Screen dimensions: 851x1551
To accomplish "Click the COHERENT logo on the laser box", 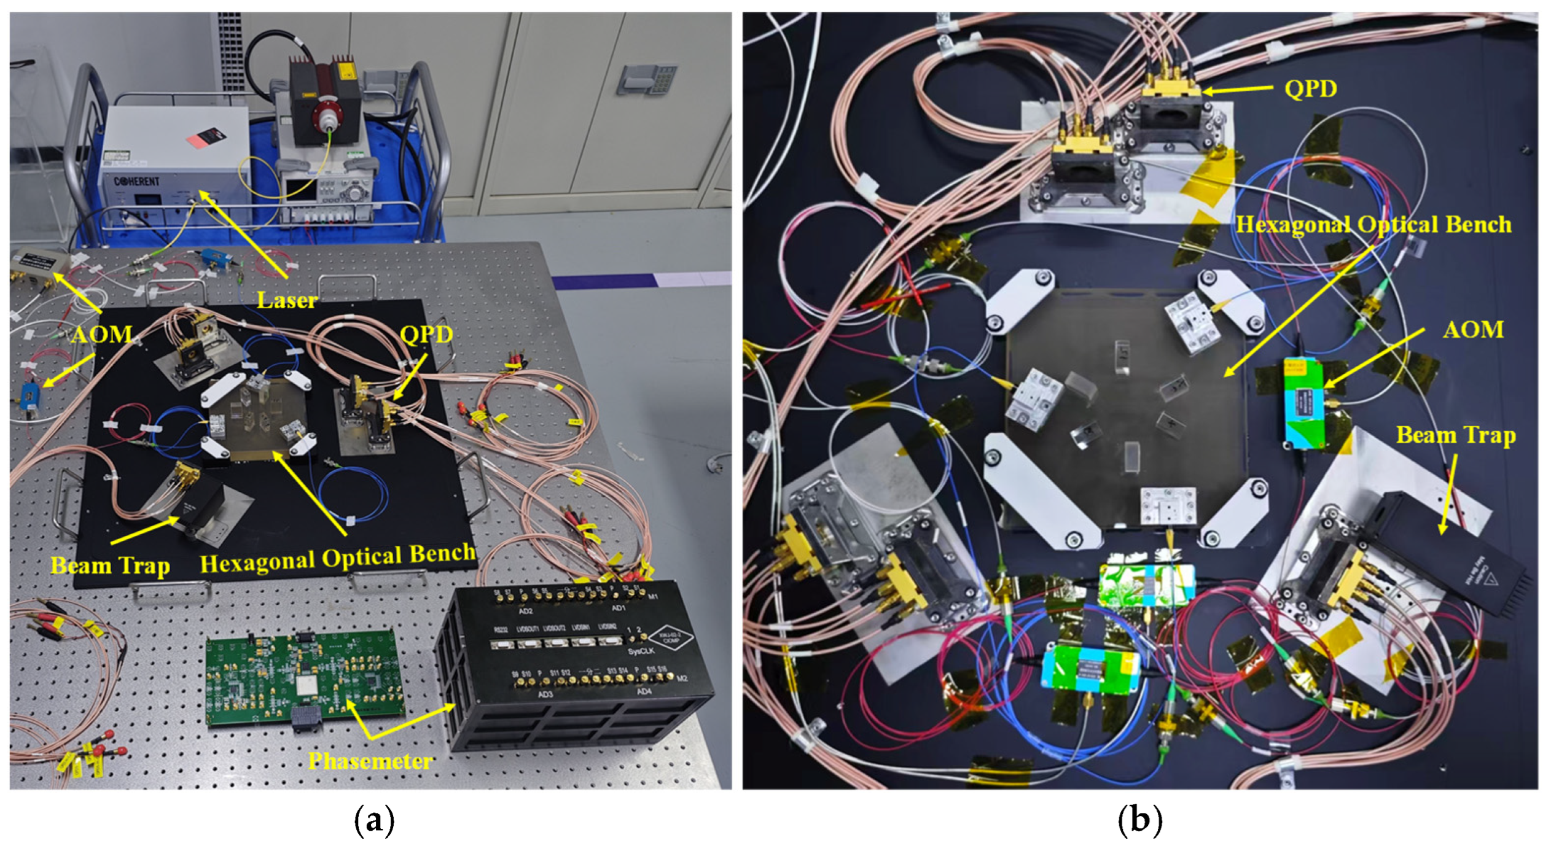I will click(x=136, y=182).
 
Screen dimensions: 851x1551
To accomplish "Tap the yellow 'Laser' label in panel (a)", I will click(x=287, y=300).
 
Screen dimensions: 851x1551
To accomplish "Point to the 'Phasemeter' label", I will click(x=370, y=761).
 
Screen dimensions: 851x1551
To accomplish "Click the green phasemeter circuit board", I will click(x=305, y=680).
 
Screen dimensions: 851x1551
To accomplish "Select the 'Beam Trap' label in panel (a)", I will click(x=110, y=565).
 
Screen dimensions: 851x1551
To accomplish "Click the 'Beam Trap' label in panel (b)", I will click(x=1456, y=435).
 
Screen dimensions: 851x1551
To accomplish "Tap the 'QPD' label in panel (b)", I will click(x=1310, y=89).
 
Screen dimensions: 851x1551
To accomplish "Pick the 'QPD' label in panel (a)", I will click(x=426, y=335).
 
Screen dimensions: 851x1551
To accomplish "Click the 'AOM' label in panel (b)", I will click(x=1473, y=330).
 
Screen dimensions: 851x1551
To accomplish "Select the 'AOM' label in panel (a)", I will click(x=101, y=335).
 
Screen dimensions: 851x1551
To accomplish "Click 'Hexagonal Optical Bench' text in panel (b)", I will click(x=1373, y=225).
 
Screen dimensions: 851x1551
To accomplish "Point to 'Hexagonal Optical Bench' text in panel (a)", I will click(x=338, y=558).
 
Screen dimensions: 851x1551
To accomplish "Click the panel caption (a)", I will click(x=374, y=820).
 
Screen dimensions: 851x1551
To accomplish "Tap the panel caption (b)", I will click(x=1140, y=820).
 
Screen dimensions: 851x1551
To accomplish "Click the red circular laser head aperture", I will click(x=327, y=115).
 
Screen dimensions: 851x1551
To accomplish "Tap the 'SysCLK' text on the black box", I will click(x=640, y=651).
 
